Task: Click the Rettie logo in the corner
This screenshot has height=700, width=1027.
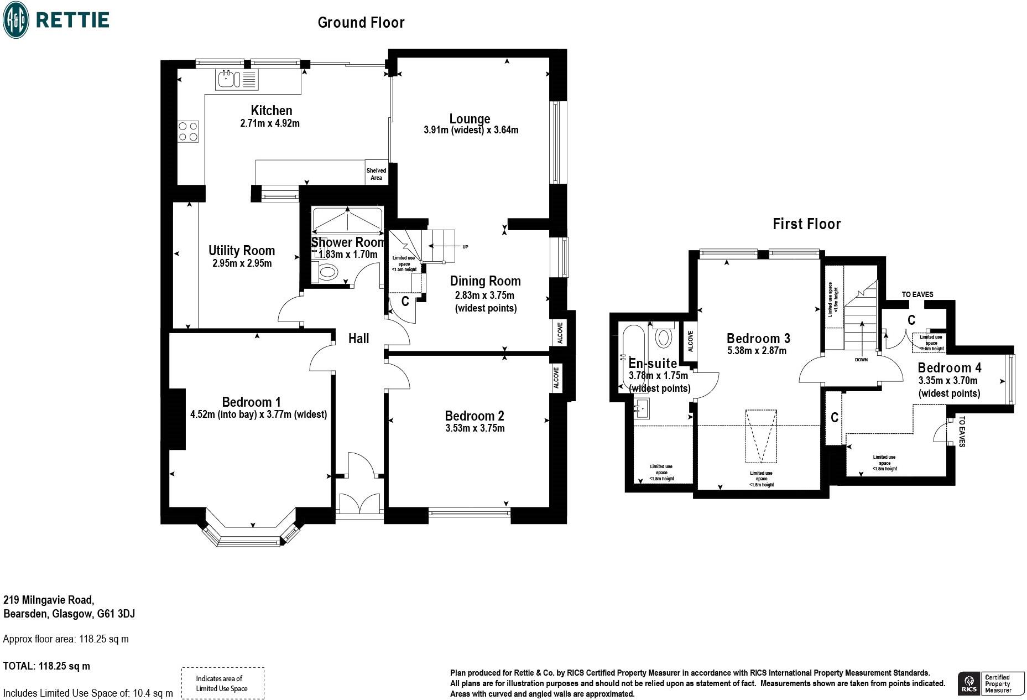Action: [x=55, y=20]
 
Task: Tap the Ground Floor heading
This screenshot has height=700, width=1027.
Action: [x=361, y=23]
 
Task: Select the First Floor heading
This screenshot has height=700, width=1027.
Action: [x=806, y=224]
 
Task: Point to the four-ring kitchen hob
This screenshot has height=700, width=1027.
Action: [x=188, y=132]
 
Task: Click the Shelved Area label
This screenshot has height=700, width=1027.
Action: [x=376, y=174]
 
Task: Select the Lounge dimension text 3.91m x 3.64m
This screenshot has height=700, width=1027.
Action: [x=471, y=131]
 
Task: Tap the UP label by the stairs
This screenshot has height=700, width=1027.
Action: [x=465, y=247]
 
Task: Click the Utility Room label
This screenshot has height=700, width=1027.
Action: [x=242, y=251]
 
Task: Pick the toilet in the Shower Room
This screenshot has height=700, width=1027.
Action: [x=327, y=272]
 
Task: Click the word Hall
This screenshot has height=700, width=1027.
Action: [x=358, y=339]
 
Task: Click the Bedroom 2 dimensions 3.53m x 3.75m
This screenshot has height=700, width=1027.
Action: [x=475, y=428]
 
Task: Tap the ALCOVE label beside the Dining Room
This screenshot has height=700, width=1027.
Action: [x=560, y=333]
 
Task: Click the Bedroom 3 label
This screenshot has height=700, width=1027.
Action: [x=758, y=338]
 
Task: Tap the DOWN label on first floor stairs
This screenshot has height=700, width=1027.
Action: [x=861, y=360]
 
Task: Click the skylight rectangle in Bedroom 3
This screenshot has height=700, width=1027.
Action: [x=761, y=436]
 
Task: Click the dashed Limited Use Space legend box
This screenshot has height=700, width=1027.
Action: [x=222, y=683]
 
